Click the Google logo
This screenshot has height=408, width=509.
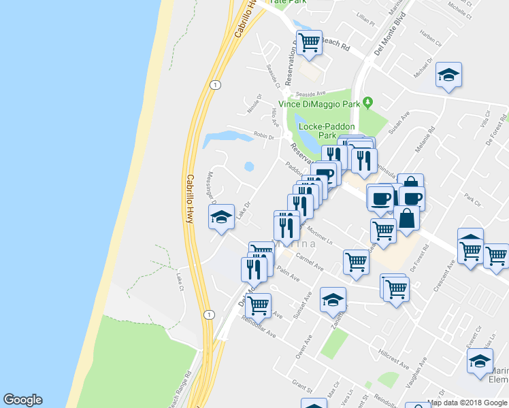tap(22, 400)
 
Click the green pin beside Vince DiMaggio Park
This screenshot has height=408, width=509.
tap(369, 103)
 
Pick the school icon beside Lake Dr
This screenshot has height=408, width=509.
tap(220, 217)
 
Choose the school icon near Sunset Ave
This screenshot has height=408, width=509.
tap(332, 299)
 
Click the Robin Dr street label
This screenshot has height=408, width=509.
tap(263, 136)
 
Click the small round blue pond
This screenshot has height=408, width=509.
tap(248, 166)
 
